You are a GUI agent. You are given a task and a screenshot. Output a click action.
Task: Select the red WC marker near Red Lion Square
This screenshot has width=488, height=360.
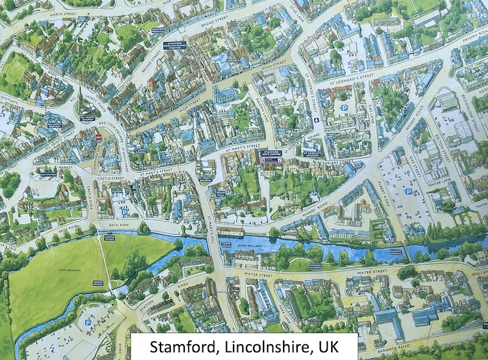[x=98, y=138]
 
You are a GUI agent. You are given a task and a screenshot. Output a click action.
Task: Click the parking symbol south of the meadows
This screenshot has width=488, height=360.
[x=88, y=321]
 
